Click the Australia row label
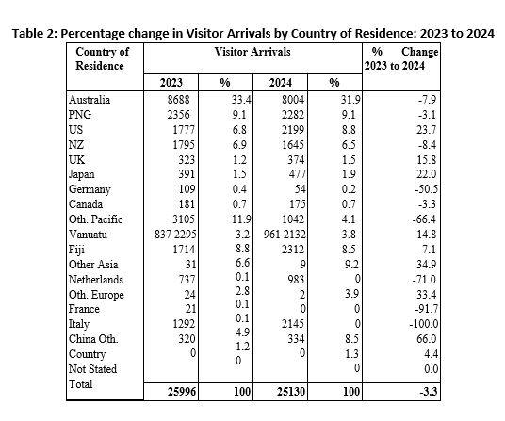[x=90, y=100]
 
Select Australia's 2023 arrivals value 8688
[x=178, y=100]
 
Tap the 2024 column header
[x=280, y=83]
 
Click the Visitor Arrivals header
[x=252, y=52]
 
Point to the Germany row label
[x=90, y=189]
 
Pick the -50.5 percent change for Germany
[x=426, y=189]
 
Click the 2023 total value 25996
[x=182, y=392]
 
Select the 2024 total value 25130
[x=291, y=392]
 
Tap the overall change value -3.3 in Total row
[x=429, y=392]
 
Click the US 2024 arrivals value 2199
[x=293, y=129]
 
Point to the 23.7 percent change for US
[x=427, y=129]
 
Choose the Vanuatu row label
[x=88, y=234]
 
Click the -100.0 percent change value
[x=424, y=323]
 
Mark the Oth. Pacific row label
[x=96, y=219]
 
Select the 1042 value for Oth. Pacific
[x=293, y=219]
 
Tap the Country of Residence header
[x=102, y=58]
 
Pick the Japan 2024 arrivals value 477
[x=297, y=174]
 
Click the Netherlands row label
[x=96, y=279]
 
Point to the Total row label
[x=80, y=383]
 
